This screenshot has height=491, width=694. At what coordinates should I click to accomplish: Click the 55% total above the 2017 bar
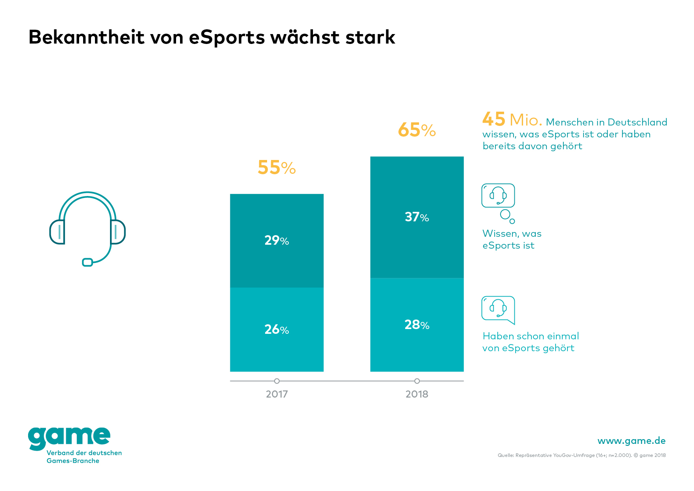277,167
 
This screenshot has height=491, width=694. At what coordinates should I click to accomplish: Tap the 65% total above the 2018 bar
417,130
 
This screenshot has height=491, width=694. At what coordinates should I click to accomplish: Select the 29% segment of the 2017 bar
277,240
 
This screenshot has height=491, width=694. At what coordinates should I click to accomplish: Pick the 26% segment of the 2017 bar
277,329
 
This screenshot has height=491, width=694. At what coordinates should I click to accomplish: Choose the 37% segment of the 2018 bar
417,217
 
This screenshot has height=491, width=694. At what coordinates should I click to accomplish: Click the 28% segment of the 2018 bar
417,325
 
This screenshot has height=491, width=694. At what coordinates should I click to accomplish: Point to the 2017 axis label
277,394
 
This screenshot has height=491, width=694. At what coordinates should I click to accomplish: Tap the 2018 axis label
417,394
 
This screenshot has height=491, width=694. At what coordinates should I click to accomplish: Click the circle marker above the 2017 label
277,381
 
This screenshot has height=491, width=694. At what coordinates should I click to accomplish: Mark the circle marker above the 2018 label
417,381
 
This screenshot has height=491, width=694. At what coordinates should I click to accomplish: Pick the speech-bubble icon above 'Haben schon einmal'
498,309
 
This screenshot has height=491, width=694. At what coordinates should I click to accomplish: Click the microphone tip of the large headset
87,262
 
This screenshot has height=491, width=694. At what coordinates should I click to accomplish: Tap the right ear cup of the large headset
118,232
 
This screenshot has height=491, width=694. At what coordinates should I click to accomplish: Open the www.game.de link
631,441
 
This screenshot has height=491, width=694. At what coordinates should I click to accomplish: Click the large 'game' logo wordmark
69,438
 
